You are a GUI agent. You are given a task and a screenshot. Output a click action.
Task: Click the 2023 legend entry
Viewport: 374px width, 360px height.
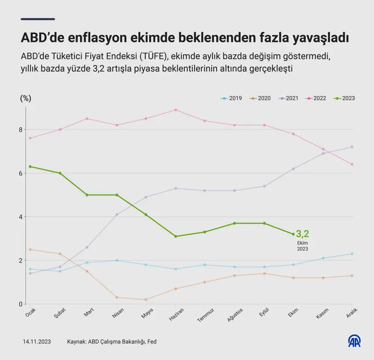345,98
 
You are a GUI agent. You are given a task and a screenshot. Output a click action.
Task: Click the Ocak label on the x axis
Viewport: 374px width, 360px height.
30,314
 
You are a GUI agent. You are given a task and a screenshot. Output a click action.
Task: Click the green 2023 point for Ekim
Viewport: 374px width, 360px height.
293,234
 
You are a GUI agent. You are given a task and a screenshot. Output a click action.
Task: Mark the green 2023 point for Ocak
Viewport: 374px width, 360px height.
30,166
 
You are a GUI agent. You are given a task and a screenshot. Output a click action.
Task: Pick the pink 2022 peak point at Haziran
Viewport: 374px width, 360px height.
176,110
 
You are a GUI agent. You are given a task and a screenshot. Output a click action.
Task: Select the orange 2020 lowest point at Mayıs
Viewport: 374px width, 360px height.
146,300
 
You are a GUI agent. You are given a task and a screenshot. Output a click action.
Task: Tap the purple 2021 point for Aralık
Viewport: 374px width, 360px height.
352,147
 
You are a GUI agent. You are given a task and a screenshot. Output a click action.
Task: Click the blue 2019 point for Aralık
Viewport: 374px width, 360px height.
352,254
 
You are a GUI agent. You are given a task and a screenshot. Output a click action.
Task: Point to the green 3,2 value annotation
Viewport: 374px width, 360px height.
303,234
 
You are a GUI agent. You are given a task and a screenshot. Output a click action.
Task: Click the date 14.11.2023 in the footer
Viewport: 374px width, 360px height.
37,341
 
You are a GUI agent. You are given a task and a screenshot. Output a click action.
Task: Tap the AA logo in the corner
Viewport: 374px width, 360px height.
354,341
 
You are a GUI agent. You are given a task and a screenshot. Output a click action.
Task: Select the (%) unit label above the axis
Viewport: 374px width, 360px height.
25,98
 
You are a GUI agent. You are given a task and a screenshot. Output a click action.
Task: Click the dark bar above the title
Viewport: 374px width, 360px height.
38,19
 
